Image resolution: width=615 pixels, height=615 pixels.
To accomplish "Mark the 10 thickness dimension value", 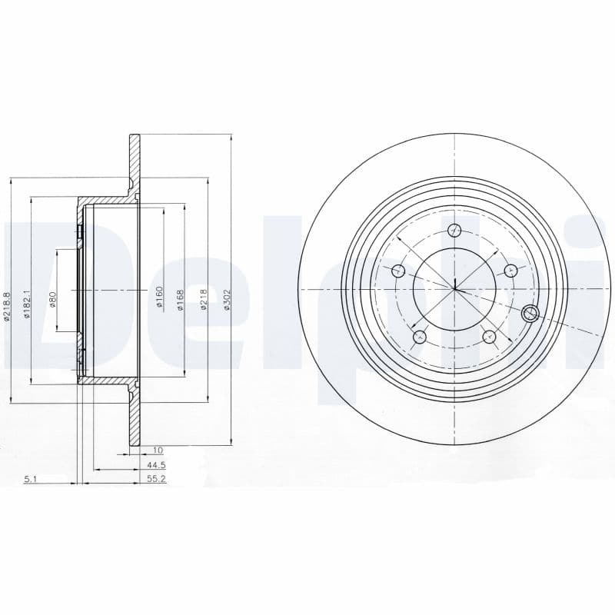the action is coord(158,450).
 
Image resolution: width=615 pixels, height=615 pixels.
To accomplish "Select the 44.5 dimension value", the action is coord(157,465).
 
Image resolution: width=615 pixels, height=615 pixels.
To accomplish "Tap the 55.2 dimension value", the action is coord(157,479).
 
